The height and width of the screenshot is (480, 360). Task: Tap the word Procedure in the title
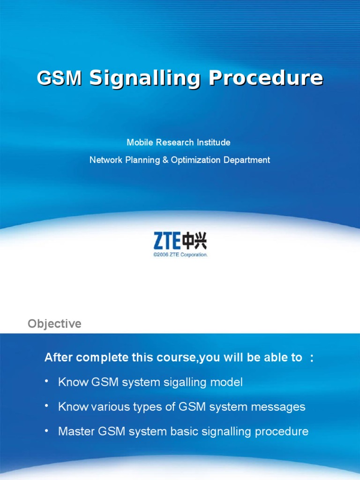[266, 78]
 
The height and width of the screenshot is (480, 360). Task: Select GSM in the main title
[60, 78]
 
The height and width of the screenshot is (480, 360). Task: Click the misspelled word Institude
[213, 142]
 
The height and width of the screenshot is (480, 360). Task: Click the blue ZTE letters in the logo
[167, 242]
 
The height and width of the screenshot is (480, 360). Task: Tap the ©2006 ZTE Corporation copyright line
[180, 255]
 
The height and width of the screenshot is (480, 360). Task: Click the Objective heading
[54, 324]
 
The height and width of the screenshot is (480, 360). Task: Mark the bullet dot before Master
[46, 430]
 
